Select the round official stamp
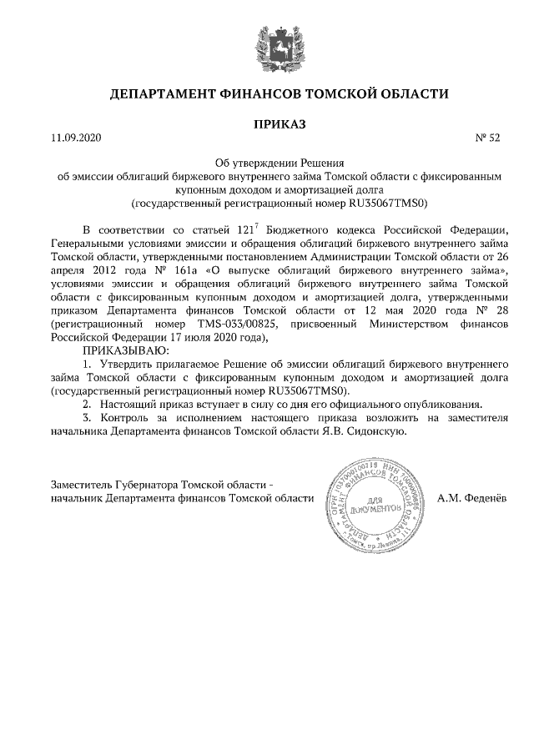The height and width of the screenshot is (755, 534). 374,499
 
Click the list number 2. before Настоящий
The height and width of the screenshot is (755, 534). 86,405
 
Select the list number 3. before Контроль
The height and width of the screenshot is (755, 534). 86,418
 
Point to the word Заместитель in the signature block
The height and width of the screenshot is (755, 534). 85,485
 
